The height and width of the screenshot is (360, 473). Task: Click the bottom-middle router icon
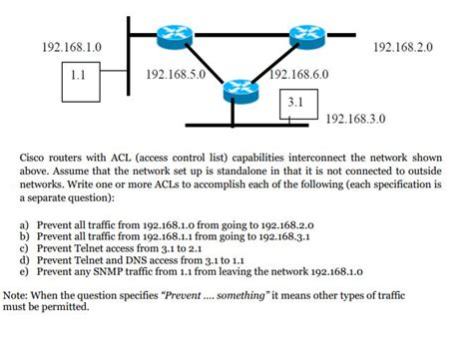point(239,90)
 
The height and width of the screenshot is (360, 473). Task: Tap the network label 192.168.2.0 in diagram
point(402,47)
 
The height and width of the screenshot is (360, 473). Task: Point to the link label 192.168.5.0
point(175,74)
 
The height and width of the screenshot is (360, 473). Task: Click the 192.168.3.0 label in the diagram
point(356,118)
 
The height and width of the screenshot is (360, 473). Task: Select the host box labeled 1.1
point(80,75)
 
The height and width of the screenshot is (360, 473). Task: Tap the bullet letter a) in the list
point(23,226)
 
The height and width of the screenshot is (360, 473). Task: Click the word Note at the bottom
point(15,296)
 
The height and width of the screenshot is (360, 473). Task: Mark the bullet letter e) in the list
point(23,270)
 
